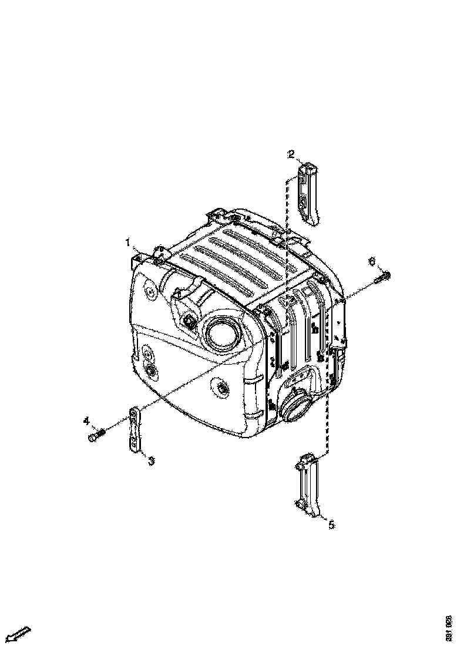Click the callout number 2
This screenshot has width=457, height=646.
pos(291,154)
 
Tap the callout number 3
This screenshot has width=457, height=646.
pos(151,461)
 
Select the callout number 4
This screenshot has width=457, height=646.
pos(86,420)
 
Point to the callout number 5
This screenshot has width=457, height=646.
pos(331,524)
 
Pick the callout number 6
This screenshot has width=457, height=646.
pos(371,261)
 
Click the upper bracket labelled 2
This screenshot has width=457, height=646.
pos(308,193)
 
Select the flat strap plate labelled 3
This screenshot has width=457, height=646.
pos(135,430)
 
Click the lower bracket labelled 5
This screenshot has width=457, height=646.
pos(308,484)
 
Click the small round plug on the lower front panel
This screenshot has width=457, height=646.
pos(221,387)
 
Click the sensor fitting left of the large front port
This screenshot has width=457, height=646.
pos(190,321)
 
